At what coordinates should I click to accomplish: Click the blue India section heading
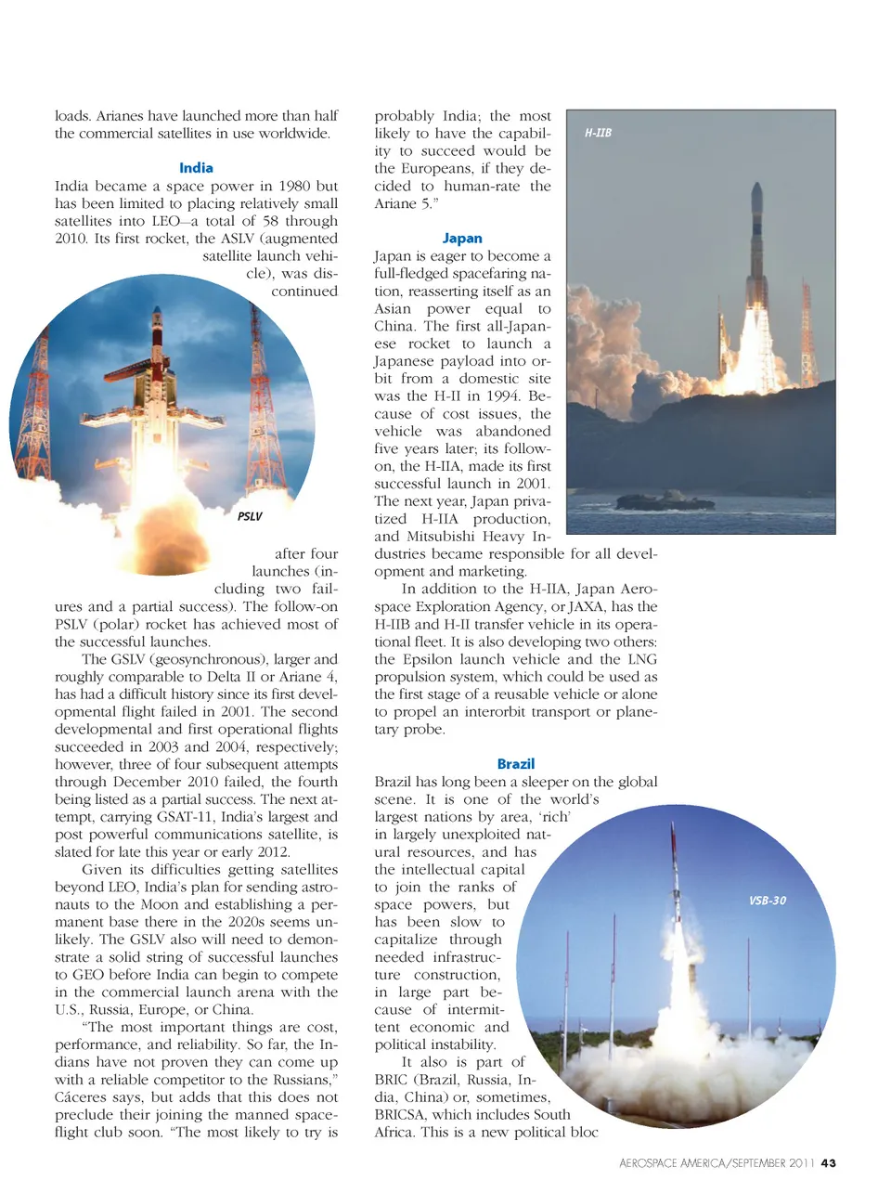[196, 168]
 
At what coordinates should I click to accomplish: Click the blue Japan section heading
[462, 239]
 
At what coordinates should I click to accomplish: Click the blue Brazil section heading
[515, 764]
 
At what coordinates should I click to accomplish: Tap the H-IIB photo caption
[598, 133]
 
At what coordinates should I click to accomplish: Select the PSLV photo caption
[250, 516]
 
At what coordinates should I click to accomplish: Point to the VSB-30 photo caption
[767, 901]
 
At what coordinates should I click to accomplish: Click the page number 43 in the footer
[829, 1163]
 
